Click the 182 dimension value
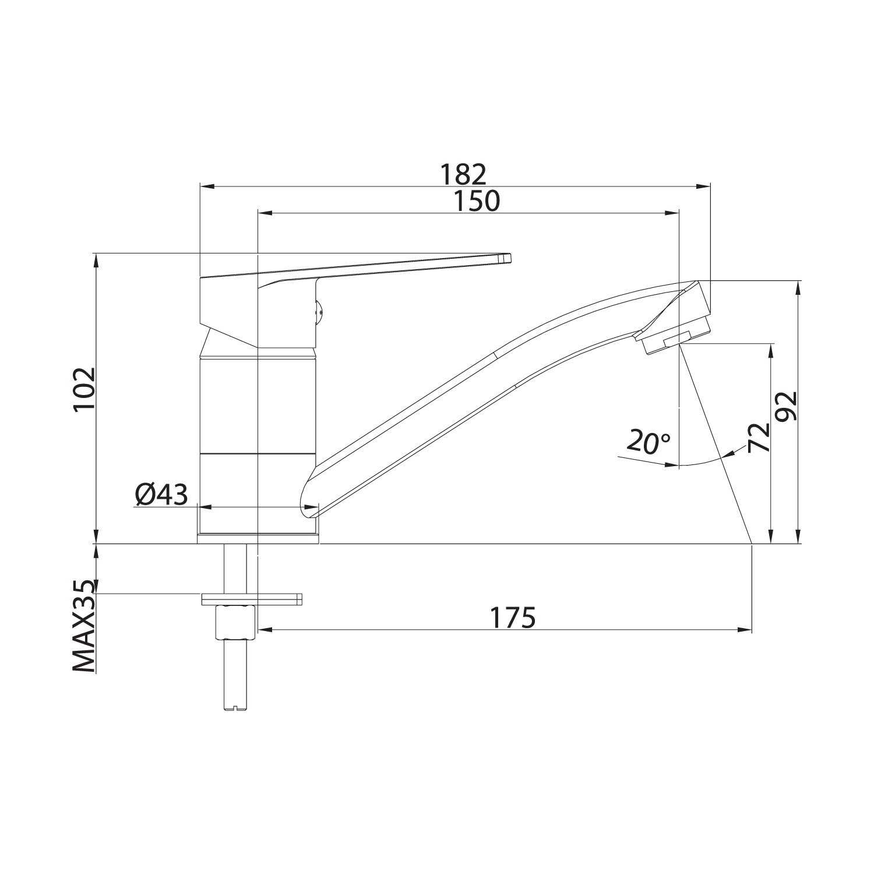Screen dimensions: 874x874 [x=463, y=174]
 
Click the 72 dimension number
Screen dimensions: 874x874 [x=759, y=438]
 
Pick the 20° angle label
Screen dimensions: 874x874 [x=649, y=443]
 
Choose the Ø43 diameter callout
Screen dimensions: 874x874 [x=161, y=495]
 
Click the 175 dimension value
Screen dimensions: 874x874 [x=512, y=618]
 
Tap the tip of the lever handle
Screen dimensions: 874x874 [x=509, y=258]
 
